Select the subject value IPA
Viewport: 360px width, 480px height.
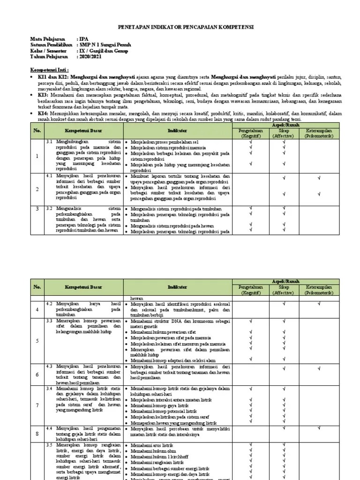coord(83,39)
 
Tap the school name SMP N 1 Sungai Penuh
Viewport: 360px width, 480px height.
coord(104,45)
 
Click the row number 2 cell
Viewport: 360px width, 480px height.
coord(37,189)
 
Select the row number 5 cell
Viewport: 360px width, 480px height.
coord(37,341)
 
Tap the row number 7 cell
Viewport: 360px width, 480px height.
coord(37,405)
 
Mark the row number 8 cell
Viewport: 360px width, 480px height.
coord(37,434)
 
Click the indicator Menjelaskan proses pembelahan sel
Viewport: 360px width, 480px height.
coord(165,141)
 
